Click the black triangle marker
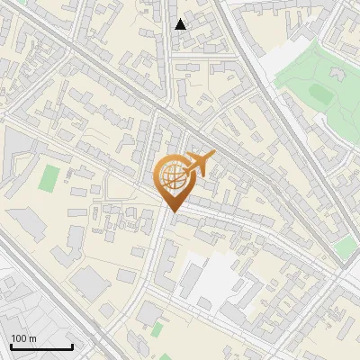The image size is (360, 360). click(x=181, y=24)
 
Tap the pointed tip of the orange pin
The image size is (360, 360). click(x=171, y=212)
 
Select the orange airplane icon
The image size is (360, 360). click(x=199, y=164)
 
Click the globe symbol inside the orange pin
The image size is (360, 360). click(x=171, y=176)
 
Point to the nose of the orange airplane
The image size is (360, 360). click(x=214, y=157)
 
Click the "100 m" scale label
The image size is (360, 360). click(x=23, y=338)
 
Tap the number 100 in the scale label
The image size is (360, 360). click(x=19, y=338)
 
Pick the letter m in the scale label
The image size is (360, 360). click(x=32, y=338)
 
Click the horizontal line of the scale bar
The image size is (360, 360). click(x=40, y=347)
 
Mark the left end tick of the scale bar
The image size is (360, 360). click(x=10, y=346)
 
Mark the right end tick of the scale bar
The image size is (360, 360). click(x=72, y=346)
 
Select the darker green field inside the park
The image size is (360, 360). click(x=319, y=93)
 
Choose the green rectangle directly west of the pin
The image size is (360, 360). click(x=49, y=177)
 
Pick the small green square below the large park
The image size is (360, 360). click(x=344, y=247)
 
